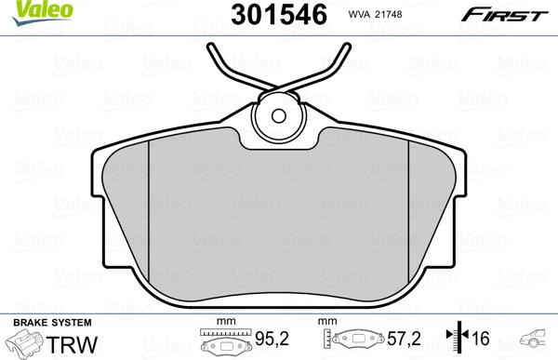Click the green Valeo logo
(26, 9)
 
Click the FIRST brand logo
(514, 13)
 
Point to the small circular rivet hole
(281, 116)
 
